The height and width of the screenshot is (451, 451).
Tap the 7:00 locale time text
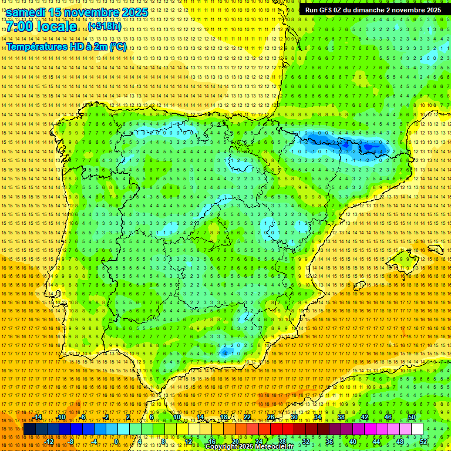41,27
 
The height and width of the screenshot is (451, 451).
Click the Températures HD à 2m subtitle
66,47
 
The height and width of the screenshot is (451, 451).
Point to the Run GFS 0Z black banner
373,10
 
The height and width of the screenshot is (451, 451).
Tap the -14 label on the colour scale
38,417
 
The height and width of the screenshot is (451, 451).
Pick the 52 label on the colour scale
423,442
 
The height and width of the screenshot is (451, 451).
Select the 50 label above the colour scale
412,417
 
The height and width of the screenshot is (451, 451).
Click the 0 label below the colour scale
116,442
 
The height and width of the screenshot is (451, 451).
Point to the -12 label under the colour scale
49,442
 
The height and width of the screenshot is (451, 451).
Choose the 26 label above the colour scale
271,417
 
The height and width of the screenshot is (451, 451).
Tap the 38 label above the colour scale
341,417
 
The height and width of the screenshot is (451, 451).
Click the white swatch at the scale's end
418,429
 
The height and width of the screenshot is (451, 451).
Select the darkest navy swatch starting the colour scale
29,429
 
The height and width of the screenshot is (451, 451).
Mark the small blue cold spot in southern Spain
225,352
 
